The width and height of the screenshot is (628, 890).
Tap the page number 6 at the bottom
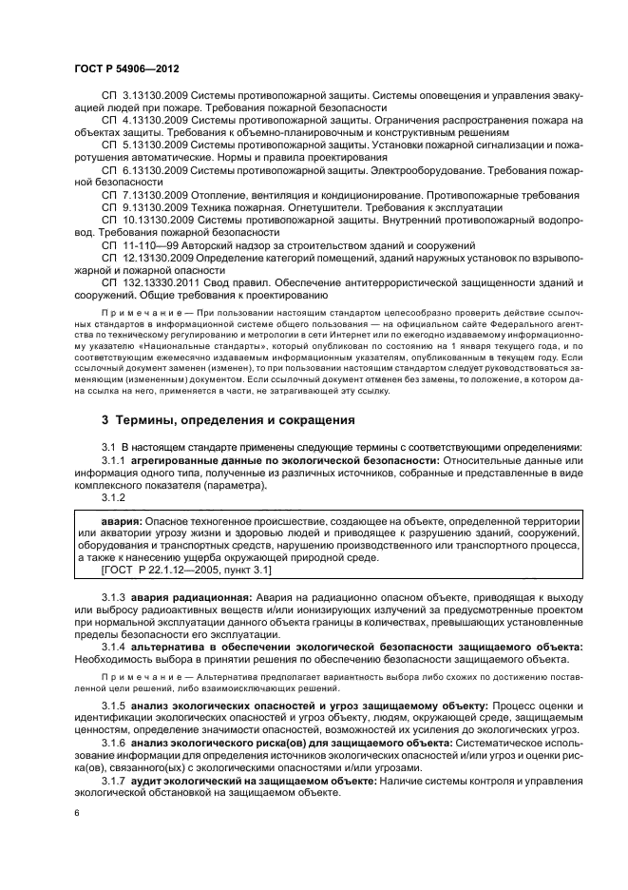click(x=78, y=814)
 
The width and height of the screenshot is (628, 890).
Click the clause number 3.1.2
click(x=114, y=497)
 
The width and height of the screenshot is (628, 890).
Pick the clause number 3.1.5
click(x=114, y=706)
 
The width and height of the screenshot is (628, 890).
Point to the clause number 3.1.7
click(x=114, y=781)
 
